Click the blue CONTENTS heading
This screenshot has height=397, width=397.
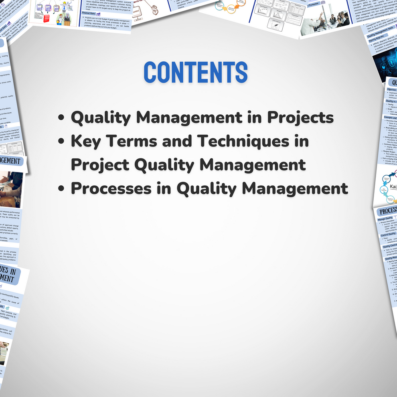pos(195,72)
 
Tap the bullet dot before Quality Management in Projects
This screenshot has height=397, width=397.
pos(62,118)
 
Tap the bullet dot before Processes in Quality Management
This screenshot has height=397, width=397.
pos(62,189)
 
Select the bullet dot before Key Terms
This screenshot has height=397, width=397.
pos(62,142)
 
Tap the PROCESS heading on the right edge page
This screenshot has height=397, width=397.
pos(387,211)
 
